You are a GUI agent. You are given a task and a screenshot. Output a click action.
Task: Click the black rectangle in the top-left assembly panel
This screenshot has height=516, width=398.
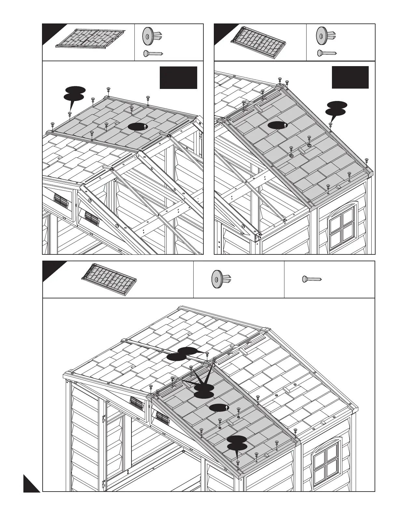point(178,78)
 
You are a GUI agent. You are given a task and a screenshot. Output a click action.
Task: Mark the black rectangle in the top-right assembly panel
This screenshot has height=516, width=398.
point(350,77)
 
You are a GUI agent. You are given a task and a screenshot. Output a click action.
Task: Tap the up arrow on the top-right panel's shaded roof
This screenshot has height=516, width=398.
point(285,125)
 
